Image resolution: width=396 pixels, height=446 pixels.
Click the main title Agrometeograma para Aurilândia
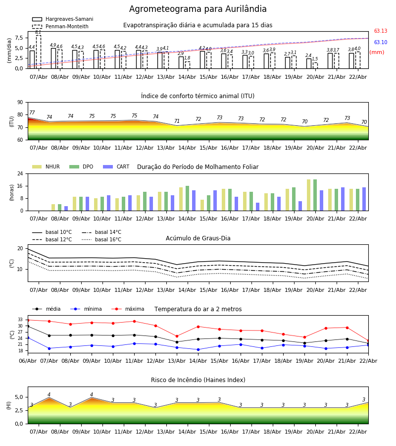click(198, 9)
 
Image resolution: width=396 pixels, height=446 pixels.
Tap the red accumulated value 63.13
click(380, 31)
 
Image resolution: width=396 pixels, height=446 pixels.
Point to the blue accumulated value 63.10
click(380, 43)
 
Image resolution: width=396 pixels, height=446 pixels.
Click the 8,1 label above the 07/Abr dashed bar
click(38, 33)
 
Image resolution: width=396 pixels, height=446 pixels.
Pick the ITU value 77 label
click(32, 113)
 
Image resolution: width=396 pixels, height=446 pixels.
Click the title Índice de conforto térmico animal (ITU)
click(198, 96)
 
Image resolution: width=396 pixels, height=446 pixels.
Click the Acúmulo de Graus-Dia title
click(198, 238)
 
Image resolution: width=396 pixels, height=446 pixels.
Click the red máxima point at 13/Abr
click(177, 336)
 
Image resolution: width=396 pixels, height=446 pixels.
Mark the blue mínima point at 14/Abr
click(198, 349)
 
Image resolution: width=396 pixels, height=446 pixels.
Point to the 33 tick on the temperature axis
click(20, 320)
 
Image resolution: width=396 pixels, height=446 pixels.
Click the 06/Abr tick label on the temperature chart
click(28, 360)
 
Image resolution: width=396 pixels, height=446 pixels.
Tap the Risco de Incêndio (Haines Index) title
click(198, 380)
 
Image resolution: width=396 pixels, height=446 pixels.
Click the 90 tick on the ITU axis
click(20, 102)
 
